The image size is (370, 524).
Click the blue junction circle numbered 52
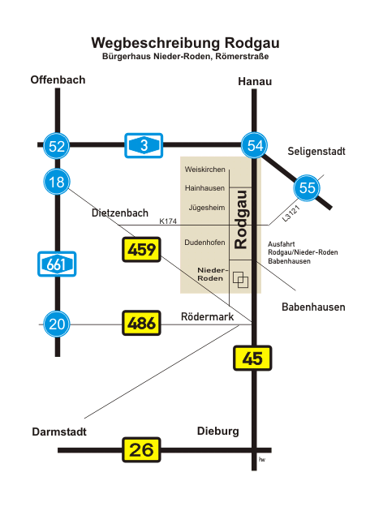pos(57,146)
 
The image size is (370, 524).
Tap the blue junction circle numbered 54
pos(255,145)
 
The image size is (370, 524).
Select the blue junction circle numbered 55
pos(307,188)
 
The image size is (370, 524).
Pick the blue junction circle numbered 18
pos(57,182)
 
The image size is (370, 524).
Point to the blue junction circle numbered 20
pos(57,324)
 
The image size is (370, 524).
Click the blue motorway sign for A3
pos(144,145)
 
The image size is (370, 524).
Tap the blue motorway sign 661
pos(57,264)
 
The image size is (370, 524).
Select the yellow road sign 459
pos(141,249)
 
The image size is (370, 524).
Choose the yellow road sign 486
pos(141,323)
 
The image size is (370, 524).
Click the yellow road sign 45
pos(252,359)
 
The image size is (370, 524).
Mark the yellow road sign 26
pos(141,450)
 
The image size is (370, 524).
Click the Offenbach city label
pos(58,79)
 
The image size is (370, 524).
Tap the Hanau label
pos(255,82)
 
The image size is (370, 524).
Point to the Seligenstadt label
pos(316,152)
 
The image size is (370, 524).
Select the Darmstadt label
pos(59,432)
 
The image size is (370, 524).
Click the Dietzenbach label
pos(119,213)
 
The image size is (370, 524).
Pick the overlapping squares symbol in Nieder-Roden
pos(241,280)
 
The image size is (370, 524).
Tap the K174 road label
pos(168,221)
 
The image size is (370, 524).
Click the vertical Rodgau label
pos(241,220)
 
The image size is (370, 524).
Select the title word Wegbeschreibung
pos(156,44)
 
